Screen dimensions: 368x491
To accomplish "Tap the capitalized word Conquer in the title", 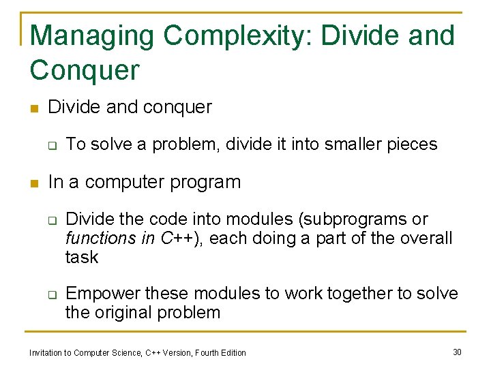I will pyautogui.click(x=85, y=70).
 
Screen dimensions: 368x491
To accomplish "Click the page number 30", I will pyautogui.click(x=457, y=352).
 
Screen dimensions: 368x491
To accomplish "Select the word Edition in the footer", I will pyautogui.click(x=231, y=352).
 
